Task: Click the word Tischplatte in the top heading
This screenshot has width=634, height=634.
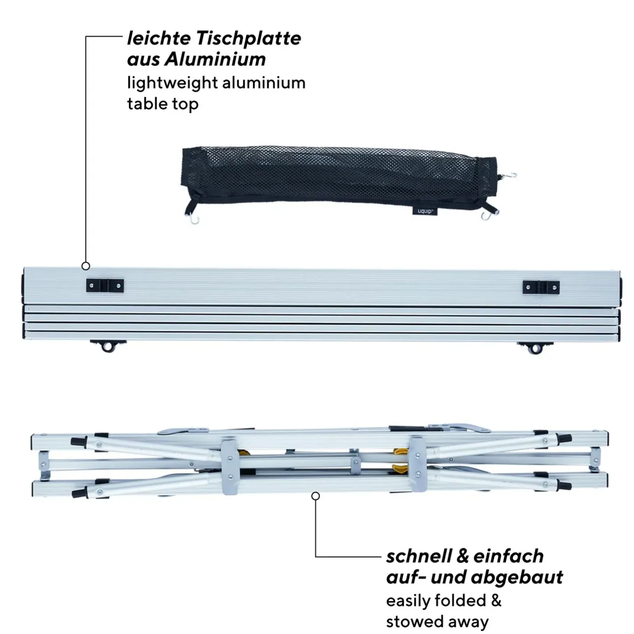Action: click(x=248, y=39)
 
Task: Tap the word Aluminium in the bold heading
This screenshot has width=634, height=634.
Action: click(x=215, y=59)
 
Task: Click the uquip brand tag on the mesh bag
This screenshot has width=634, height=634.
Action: click(x=425, y=211)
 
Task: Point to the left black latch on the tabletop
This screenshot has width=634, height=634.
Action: click(x=105, y=286)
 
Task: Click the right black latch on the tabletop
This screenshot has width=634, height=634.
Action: click(x=541, y=287)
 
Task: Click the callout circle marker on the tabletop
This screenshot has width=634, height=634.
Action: click(x=86, y=266)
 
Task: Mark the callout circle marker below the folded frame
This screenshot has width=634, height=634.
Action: click(x=316, y=496)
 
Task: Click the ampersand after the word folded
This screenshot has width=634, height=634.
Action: click(x=496, y=601)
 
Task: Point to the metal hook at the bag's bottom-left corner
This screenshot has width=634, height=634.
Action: click(x=194, y=219)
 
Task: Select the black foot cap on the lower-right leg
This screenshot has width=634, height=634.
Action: click(x=564, y=486)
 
